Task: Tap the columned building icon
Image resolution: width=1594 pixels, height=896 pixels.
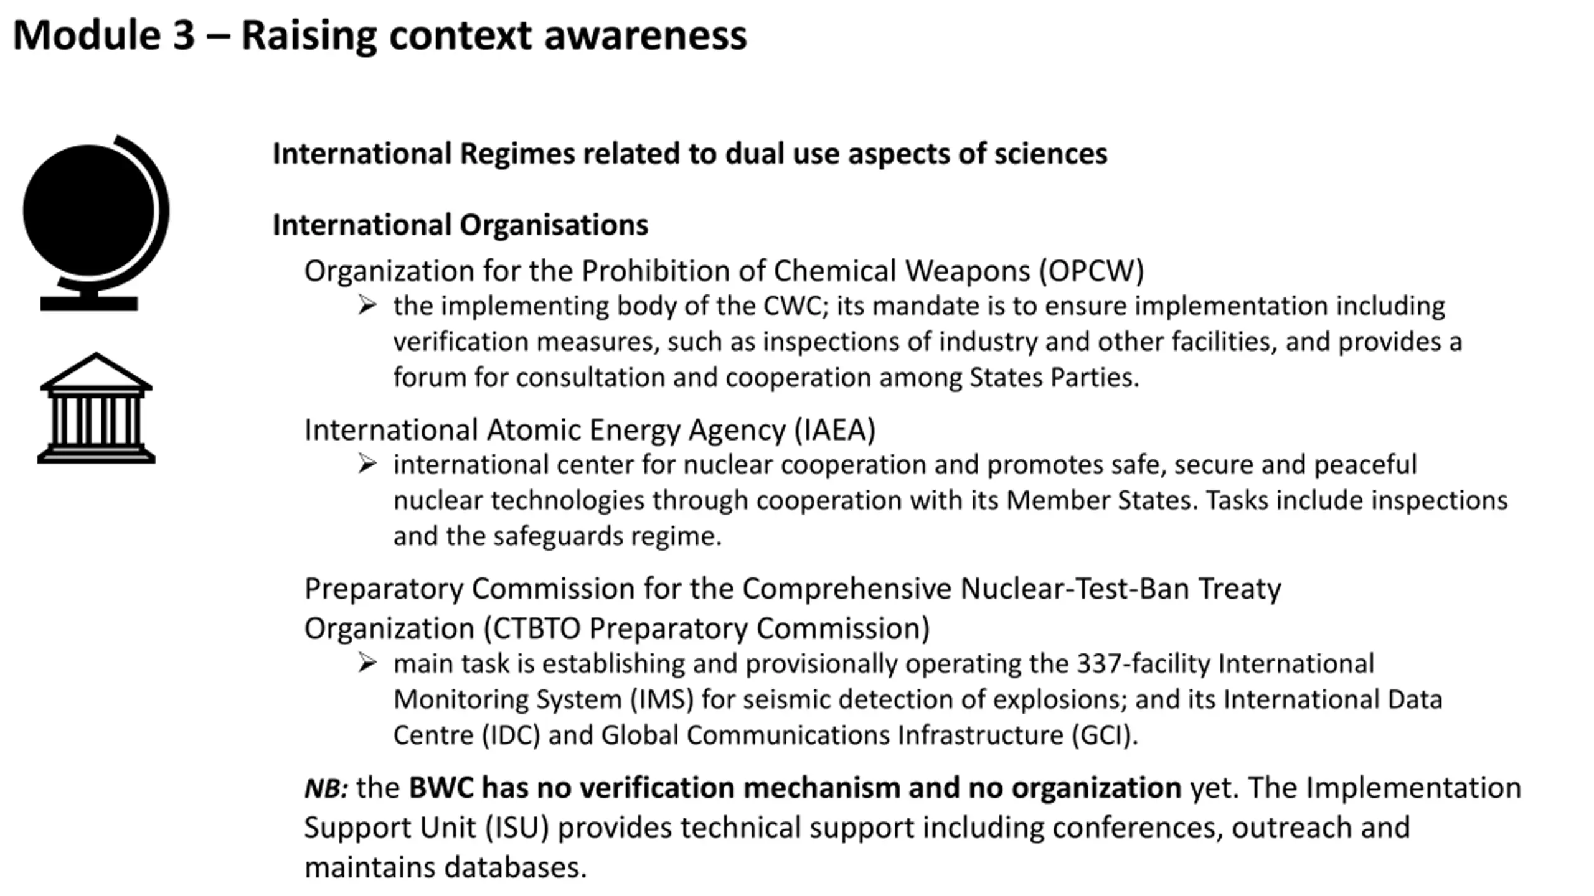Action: pos(96,409)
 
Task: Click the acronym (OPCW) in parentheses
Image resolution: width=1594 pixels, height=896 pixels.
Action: pos(1091,271)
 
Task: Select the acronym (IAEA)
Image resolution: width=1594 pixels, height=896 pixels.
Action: pos(835,430)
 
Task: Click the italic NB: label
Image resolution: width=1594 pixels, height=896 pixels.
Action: pos(326,788)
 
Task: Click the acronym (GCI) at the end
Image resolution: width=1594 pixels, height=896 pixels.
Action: pos(1104,735)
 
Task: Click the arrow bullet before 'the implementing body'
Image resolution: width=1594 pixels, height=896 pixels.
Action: pos(367,305)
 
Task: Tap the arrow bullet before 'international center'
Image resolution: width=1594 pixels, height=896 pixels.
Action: pos(367,464)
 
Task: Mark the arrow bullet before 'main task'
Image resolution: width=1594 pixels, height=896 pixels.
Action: pos(367,663)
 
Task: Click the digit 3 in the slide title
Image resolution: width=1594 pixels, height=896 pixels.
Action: pos(184,35)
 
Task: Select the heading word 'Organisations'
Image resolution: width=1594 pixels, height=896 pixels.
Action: pos(554,225)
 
